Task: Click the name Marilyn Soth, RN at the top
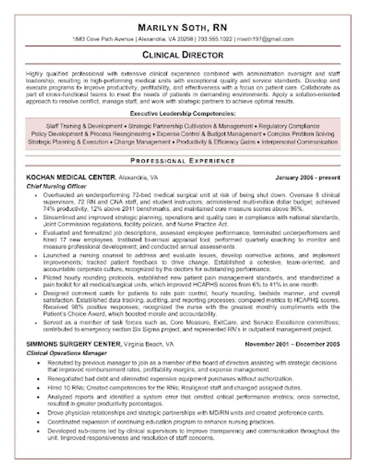(182, 28)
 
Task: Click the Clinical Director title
(182, 55)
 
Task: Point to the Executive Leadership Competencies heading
(182, 113)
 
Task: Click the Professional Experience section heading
(182, 160)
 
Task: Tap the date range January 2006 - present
(307, 178)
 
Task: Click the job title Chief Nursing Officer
(56, 186)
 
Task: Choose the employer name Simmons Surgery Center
(73, 344)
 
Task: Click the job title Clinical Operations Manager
(67, 353)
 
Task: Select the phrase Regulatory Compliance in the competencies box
(289, 126)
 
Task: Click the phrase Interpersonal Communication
(299, 142)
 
